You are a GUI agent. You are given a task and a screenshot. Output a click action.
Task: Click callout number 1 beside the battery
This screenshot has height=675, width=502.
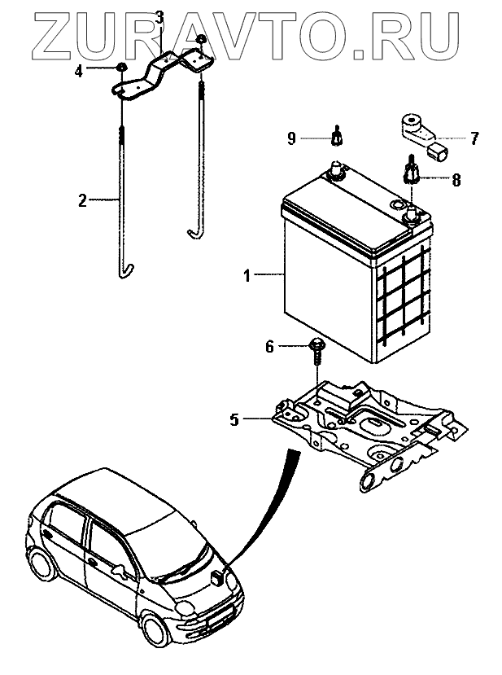pyautogui.click(x=247, y=277)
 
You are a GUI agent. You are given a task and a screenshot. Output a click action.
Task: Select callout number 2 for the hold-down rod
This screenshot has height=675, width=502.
pyautogui.click(x=82, y=200)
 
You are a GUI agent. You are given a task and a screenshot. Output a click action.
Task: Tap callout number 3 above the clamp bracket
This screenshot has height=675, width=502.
pyautogui.click(x=159, y=17)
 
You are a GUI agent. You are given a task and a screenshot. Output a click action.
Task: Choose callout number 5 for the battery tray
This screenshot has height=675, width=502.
pyautogui.click(x=234, y=419)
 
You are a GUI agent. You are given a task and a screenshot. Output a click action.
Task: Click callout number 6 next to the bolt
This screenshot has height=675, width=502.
pyautogui.click(x=269, y=347)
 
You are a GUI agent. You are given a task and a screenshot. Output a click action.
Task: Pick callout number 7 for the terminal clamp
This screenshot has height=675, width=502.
pyautogui.click(x=475, y=138)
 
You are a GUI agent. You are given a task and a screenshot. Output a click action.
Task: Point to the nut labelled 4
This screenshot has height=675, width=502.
pyautogui.click(x=121, y=68)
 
